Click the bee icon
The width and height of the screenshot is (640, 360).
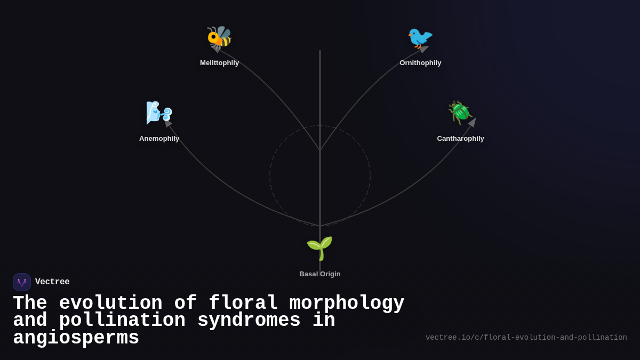point(219,38)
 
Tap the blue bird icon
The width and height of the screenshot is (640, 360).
point(420,38)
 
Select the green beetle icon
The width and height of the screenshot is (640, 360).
point(460,113)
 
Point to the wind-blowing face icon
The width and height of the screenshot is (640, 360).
point(159,113)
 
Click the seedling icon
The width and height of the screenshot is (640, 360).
point(319,248)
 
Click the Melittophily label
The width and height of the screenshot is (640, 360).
point(219,63)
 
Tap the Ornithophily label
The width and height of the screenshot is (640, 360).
point(420,63)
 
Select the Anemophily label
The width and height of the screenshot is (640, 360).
point(159,139)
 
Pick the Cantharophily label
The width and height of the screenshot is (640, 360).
point(460,139)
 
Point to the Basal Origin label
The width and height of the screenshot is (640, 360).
point(319,274)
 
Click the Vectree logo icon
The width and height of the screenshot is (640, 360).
point(22,282)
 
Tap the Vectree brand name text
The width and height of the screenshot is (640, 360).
point(52,282)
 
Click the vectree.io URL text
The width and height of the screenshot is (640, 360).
point(526,338)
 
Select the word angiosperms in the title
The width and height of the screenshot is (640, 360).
point(76,338)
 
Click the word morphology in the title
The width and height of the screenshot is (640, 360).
point(347,303)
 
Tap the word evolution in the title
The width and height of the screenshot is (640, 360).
point(110,303)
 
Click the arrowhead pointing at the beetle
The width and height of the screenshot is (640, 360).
point(473,122)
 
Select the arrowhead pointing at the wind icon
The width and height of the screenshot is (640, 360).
point(167,123)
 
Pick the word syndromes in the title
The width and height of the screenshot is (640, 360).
point(249,321)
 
